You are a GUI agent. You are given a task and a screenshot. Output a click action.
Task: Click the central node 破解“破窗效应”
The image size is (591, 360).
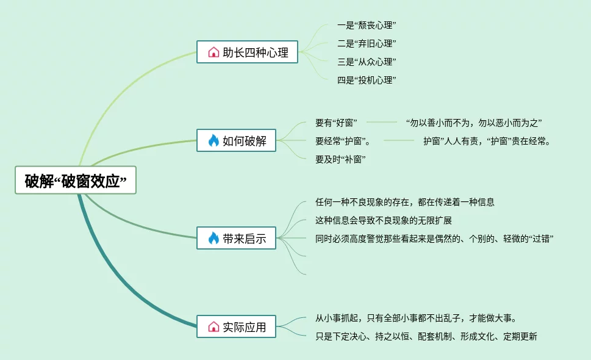click(76, 180)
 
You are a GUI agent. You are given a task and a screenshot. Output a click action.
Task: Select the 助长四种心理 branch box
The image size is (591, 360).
click(247, 52)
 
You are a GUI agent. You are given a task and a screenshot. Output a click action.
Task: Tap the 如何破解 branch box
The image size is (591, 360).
click(237, 140)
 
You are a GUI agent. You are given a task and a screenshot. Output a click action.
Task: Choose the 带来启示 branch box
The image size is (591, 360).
click(237, 238)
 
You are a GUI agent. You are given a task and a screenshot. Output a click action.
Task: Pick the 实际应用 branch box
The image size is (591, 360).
click(237, 326)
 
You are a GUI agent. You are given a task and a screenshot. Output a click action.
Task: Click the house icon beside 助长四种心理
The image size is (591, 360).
click(213, 52)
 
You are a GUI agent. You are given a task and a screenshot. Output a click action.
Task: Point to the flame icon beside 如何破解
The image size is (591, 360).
click(213, 140)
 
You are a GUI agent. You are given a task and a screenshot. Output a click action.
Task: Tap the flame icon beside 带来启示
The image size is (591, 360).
click(213, 238)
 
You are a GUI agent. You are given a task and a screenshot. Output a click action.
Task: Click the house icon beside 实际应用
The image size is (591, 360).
click(213, 326)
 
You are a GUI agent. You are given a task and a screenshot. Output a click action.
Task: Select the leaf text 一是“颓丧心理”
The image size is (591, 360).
click(367, 25)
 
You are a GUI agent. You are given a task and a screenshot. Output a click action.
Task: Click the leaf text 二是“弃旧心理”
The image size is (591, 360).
click(367, 43)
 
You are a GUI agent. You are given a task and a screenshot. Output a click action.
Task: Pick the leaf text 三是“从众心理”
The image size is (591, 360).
click(367, 62)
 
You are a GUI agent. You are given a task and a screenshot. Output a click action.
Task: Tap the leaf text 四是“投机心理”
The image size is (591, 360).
click(367, 80)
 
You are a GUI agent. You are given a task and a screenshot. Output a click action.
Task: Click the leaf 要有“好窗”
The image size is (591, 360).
click(336, 123)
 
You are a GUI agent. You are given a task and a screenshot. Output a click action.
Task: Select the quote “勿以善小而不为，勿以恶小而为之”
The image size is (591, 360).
click(474, 123)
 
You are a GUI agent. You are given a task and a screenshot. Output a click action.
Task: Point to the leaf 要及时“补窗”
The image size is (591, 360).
click(340, 159)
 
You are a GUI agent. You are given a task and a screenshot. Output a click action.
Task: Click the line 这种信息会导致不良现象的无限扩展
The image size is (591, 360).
click(383, 220)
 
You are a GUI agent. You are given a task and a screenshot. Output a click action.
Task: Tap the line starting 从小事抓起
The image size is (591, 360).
click(416, 318)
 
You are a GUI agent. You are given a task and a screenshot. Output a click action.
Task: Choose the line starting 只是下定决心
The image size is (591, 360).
click(426, 336)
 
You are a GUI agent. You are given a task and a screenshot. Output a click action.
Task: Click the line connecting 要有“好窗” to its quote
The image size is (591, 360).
click(381, 122)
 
